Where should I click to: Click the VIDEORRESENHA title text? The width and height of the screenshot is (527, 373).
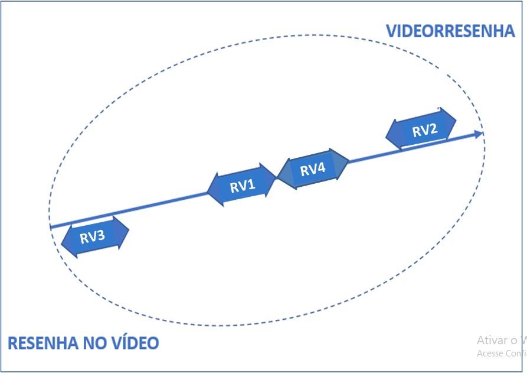point(450,31)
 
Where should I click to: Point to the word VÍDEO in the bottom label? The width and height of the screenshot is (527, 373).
point(138,343)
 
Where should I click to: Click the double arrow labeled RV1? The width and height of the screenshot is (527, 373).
point(242,186)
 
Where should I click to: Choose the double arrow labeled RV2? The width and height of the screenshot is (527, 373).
point(421,129)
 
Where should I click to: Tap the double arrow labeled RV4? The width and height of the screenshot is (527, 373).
point(313,169)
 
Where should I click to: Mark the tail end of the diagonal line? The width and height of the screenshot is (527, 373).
point(51,226)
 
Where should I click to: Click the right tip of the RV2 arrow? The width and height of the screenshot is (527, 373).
point(456,119)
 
